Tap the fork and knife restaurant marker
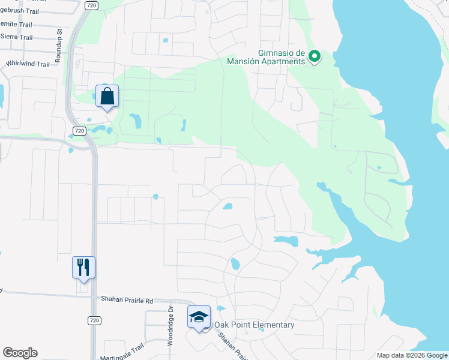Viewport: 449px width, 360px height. (x=83, y=268)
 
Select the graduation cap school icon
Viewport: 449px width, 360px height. (x=199, y=317)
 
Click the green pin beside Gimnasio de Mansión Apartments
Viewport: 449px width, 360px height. (x=315, y=57)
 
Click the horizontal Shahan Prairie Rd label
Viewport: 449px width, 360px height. (x=128, y=298)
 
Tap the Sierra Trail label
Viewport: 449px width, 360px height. (x=16, y=37)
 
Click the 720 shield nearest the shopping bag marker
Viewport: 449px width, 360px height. (x=79, y=130)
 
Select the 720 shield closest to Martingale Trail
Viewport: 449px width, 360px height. (x=93, y=320)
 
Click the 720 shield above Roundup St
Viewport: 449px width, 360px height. (x=91, y=5)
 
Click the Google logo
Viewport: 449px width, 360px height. (x=20, y=353)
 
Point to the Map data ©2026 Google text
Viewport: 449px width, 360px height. (x=412, y=355)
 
